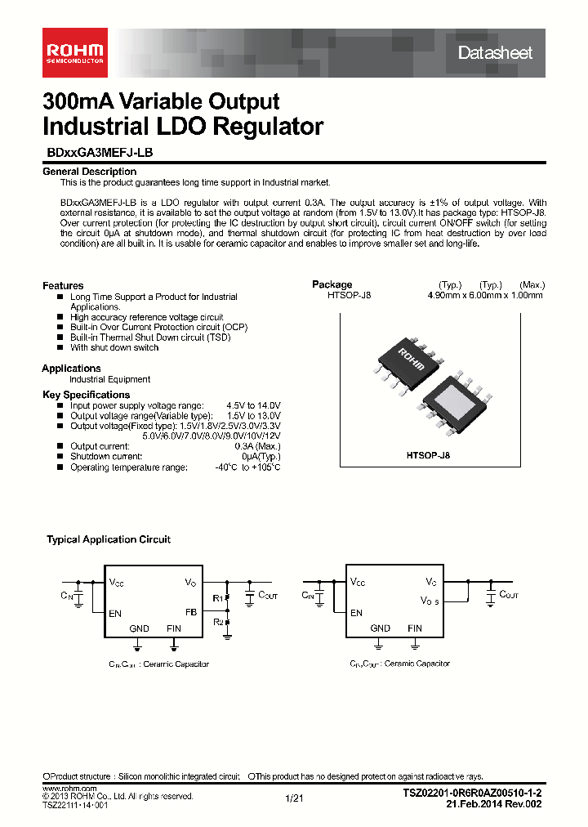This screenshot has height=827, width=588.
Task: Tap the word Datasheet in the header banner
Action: (x=495, y=53)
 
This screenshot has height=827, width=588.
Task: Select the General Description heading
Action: (x=89, y=172)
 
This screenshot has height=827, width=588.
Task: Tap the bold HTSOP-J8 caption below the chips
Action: (x=428, y=456)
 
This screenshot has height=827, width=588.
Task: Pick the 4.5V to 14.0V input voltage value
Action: (x=253, y=405)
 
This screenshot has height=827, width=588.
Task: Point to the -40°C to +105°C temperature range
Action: (x=247, y=467)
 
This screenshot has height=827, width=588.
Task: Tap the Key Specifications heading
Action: (x=86, y=395)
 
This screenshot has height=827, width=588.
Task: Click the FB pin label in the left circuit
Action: (x=191, y=611)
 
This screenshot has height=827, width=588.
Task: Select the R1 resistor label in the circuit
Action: (x=217, y=599)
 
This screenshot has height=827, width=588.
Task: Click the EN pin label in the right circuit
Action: (x=356, y=612)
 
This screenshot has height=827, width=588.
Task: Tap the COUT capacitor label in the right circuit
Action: (x=508, y=595)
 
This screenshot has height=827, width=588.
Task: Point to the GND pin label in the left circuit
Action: (x=140, y=628)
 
